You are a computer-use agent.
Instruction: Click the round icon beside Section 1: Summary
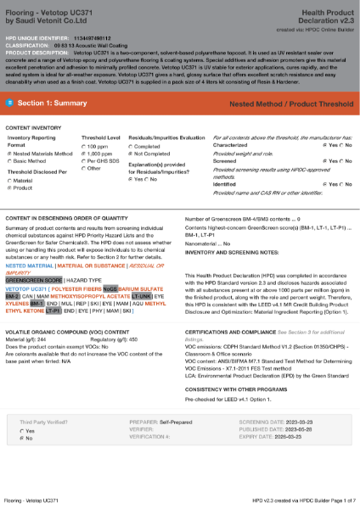9,103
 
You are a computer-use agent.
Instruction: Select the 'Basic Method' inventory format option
10,160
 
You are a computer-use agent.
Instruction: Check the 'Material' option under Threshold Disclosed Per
10,181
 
